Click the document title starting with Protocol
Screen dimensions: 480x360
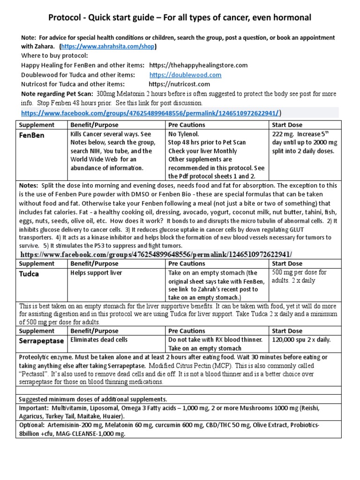180,18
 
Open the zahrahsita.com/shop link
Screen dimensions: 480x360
108,47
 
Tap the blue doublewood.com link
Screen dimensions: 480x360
185,75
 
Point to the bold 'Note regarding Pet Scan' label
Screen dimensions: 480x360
53,93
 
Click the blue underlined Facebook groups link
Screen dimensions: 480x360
150,112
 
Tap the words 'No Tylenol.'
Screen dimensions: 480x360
184,134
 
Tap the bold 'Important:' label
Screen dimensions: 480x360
34,408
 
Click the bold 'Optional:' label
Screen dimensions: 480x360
32,425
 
